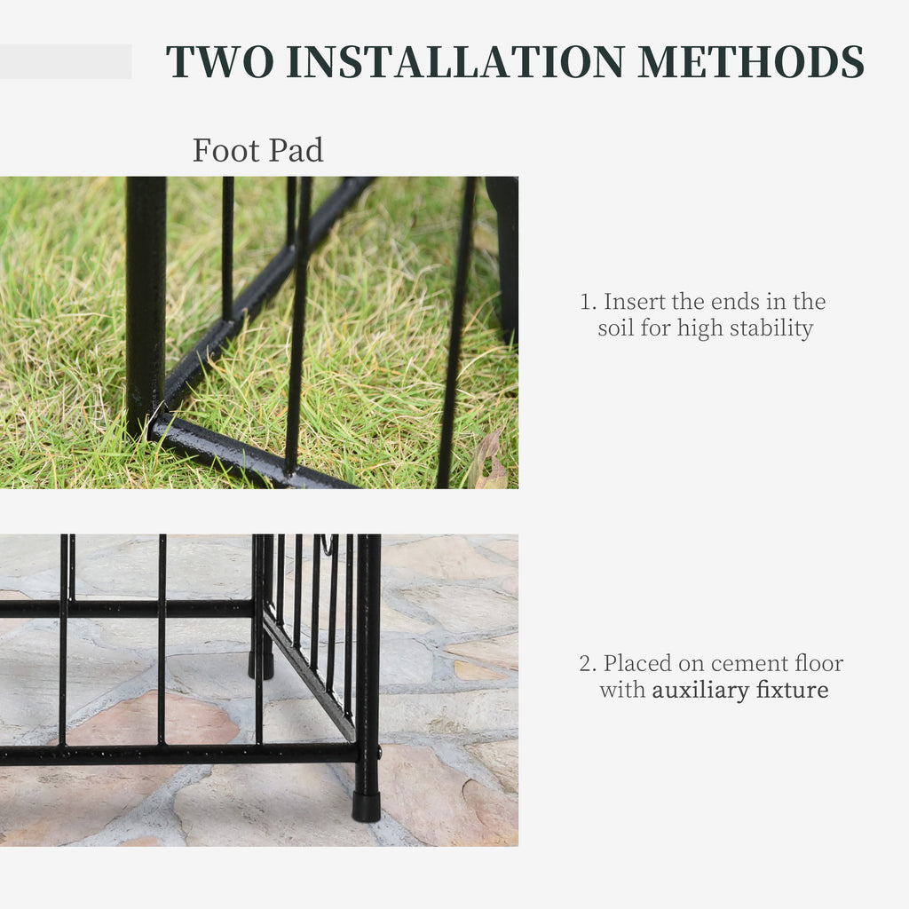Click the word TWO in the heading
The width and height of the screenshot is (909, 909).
click(220, 61)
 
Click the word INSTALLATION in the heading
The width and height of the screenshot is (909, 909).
click(455, 61)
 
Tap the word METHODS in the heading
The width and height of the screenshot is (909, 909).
click(751, 61)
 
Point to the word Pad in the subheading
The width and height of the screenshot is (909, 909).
click(296, 150)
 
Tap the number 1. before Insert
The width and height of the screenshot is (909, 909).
click(588, 302)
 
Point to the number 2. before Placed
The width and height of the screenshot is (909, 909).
click(588, 664)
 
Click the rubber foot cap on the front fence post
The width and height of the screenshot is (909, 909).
click(367, 806)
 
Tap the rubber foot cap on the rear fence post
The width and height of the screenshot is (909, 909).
click(261, 666)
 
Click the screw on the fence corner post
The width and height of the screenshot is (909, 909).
click(379, 753)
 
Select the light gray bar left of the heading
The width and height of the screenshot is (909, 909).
click(66, 61)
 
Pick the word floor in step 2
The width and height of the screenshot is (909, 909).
click(818, 663)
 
